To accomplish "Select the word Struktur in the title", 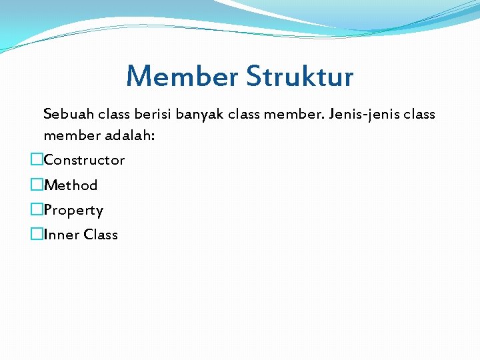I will point(299,76).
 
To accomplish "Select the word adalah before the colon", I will point(129,136).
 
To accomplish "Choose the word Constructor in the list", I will point(84,160).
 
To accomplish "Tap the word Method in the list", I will point(71,185).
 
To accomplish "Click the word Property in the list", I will point(73,211).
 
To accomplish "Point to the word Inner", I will point(61,235).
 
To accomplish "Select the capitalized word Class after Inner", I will point(101,235).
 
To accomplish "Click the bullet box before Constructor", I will point(36,160).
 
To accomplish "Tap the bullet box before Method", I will point(36,185).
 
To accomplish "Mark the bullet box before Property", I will point(36,210).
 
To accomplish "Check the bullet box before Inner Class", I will point(36,235).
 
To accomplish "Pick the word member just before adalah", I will point(71,136).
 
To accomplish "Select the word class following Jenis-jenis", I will point(419,114).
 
